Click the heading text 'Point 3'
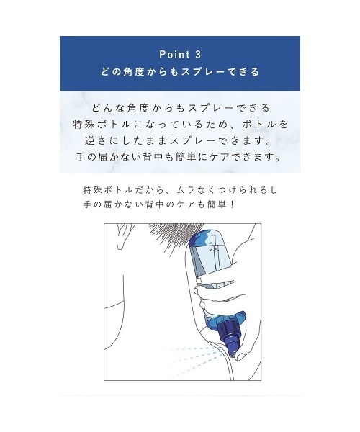[x=180, y=54]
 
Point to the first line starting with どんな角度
[x=180, y=107]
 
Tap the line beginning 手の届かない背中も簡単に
[x=180, y=156]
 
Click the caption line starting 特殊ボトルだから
[x=180, y=190]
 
